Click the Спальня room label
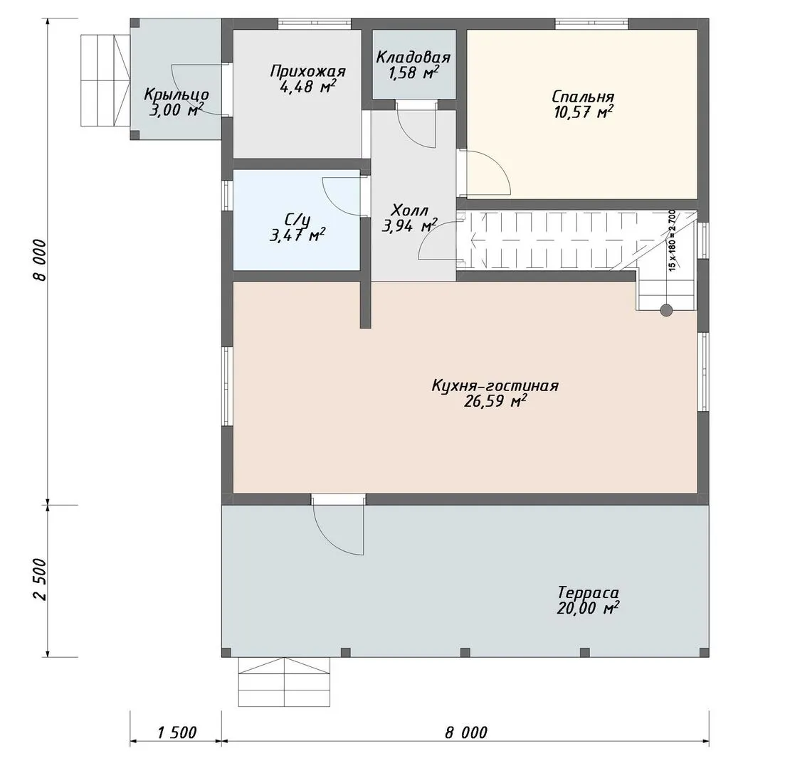tap(583, 97)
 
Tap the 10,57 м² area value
tap(584, 112)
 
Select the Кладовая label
tap(413, 57)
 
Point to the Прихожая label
tap(308, 72)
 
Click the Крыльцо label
tap(177, 95)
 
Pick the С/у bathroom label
tap(298, 220)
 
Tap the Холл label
tap(409, 210)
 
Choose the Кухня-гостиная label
tap(495, 385)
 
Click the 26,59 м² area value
tap(495, 401)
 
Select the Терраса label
tap(589, 593)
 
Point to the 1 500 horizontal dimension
tap(177, 732)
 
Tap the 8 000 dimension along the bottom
tap(465, 732)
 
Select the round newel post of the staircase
tap(666, 310)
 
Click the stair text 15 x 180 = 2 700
tap(672, 240)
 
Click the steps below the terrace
tap(285, 681)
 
